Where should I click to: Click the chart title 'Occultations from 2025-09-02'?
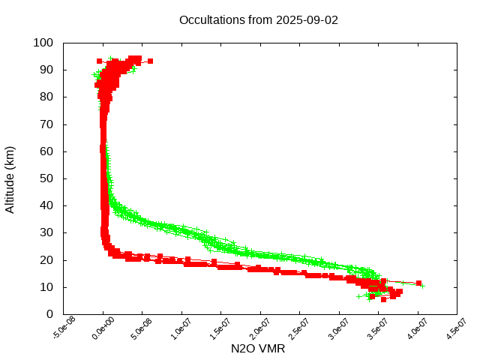click(x=258, y=19)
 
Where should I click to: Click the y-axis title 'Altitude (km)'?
click(x=10, y=178)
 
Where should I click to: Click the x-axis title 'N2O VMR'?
click(x=258, y=349)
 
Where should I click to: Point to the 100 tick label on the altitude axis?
click(x=43, y=43)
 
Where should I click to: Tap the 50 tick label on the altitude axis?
click(x=46, y=178)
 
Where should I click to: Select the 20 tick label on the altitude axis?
click(x=46, y=259)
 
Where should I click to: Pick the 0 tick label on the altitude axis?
click(x=49, y=314)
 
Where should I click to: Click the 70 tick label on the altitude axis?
click(x=46, y=124)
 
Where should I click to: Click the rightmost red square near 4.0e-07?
click(x=418, y=283)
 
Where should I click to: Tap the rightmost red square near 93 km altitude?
click(x=150, y=61)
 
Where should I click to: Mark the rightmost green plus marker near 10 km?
click(x=422, y=286)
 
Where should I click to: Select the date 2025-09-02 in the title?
click(x=307, y=19)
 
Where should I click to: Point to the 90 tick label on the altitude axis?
click(x=46, y=70)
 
